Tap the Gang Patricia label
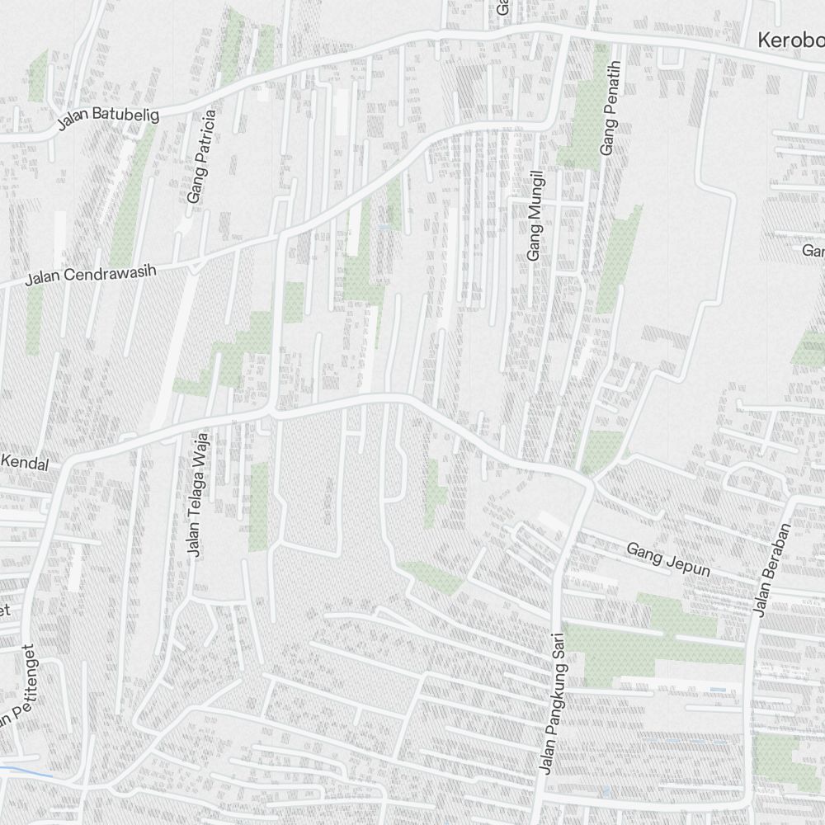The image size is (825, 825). coord(201,157)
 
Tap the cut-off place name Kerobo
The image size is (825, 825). coord(790,40)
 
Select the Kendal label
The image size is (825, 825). coord(25,463)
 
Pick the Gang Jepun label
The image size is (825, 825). coord(667,559)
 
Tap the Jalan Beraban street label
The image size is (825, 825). coord(761,569)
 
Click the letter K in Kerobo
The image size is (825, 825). coord(764,40)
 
